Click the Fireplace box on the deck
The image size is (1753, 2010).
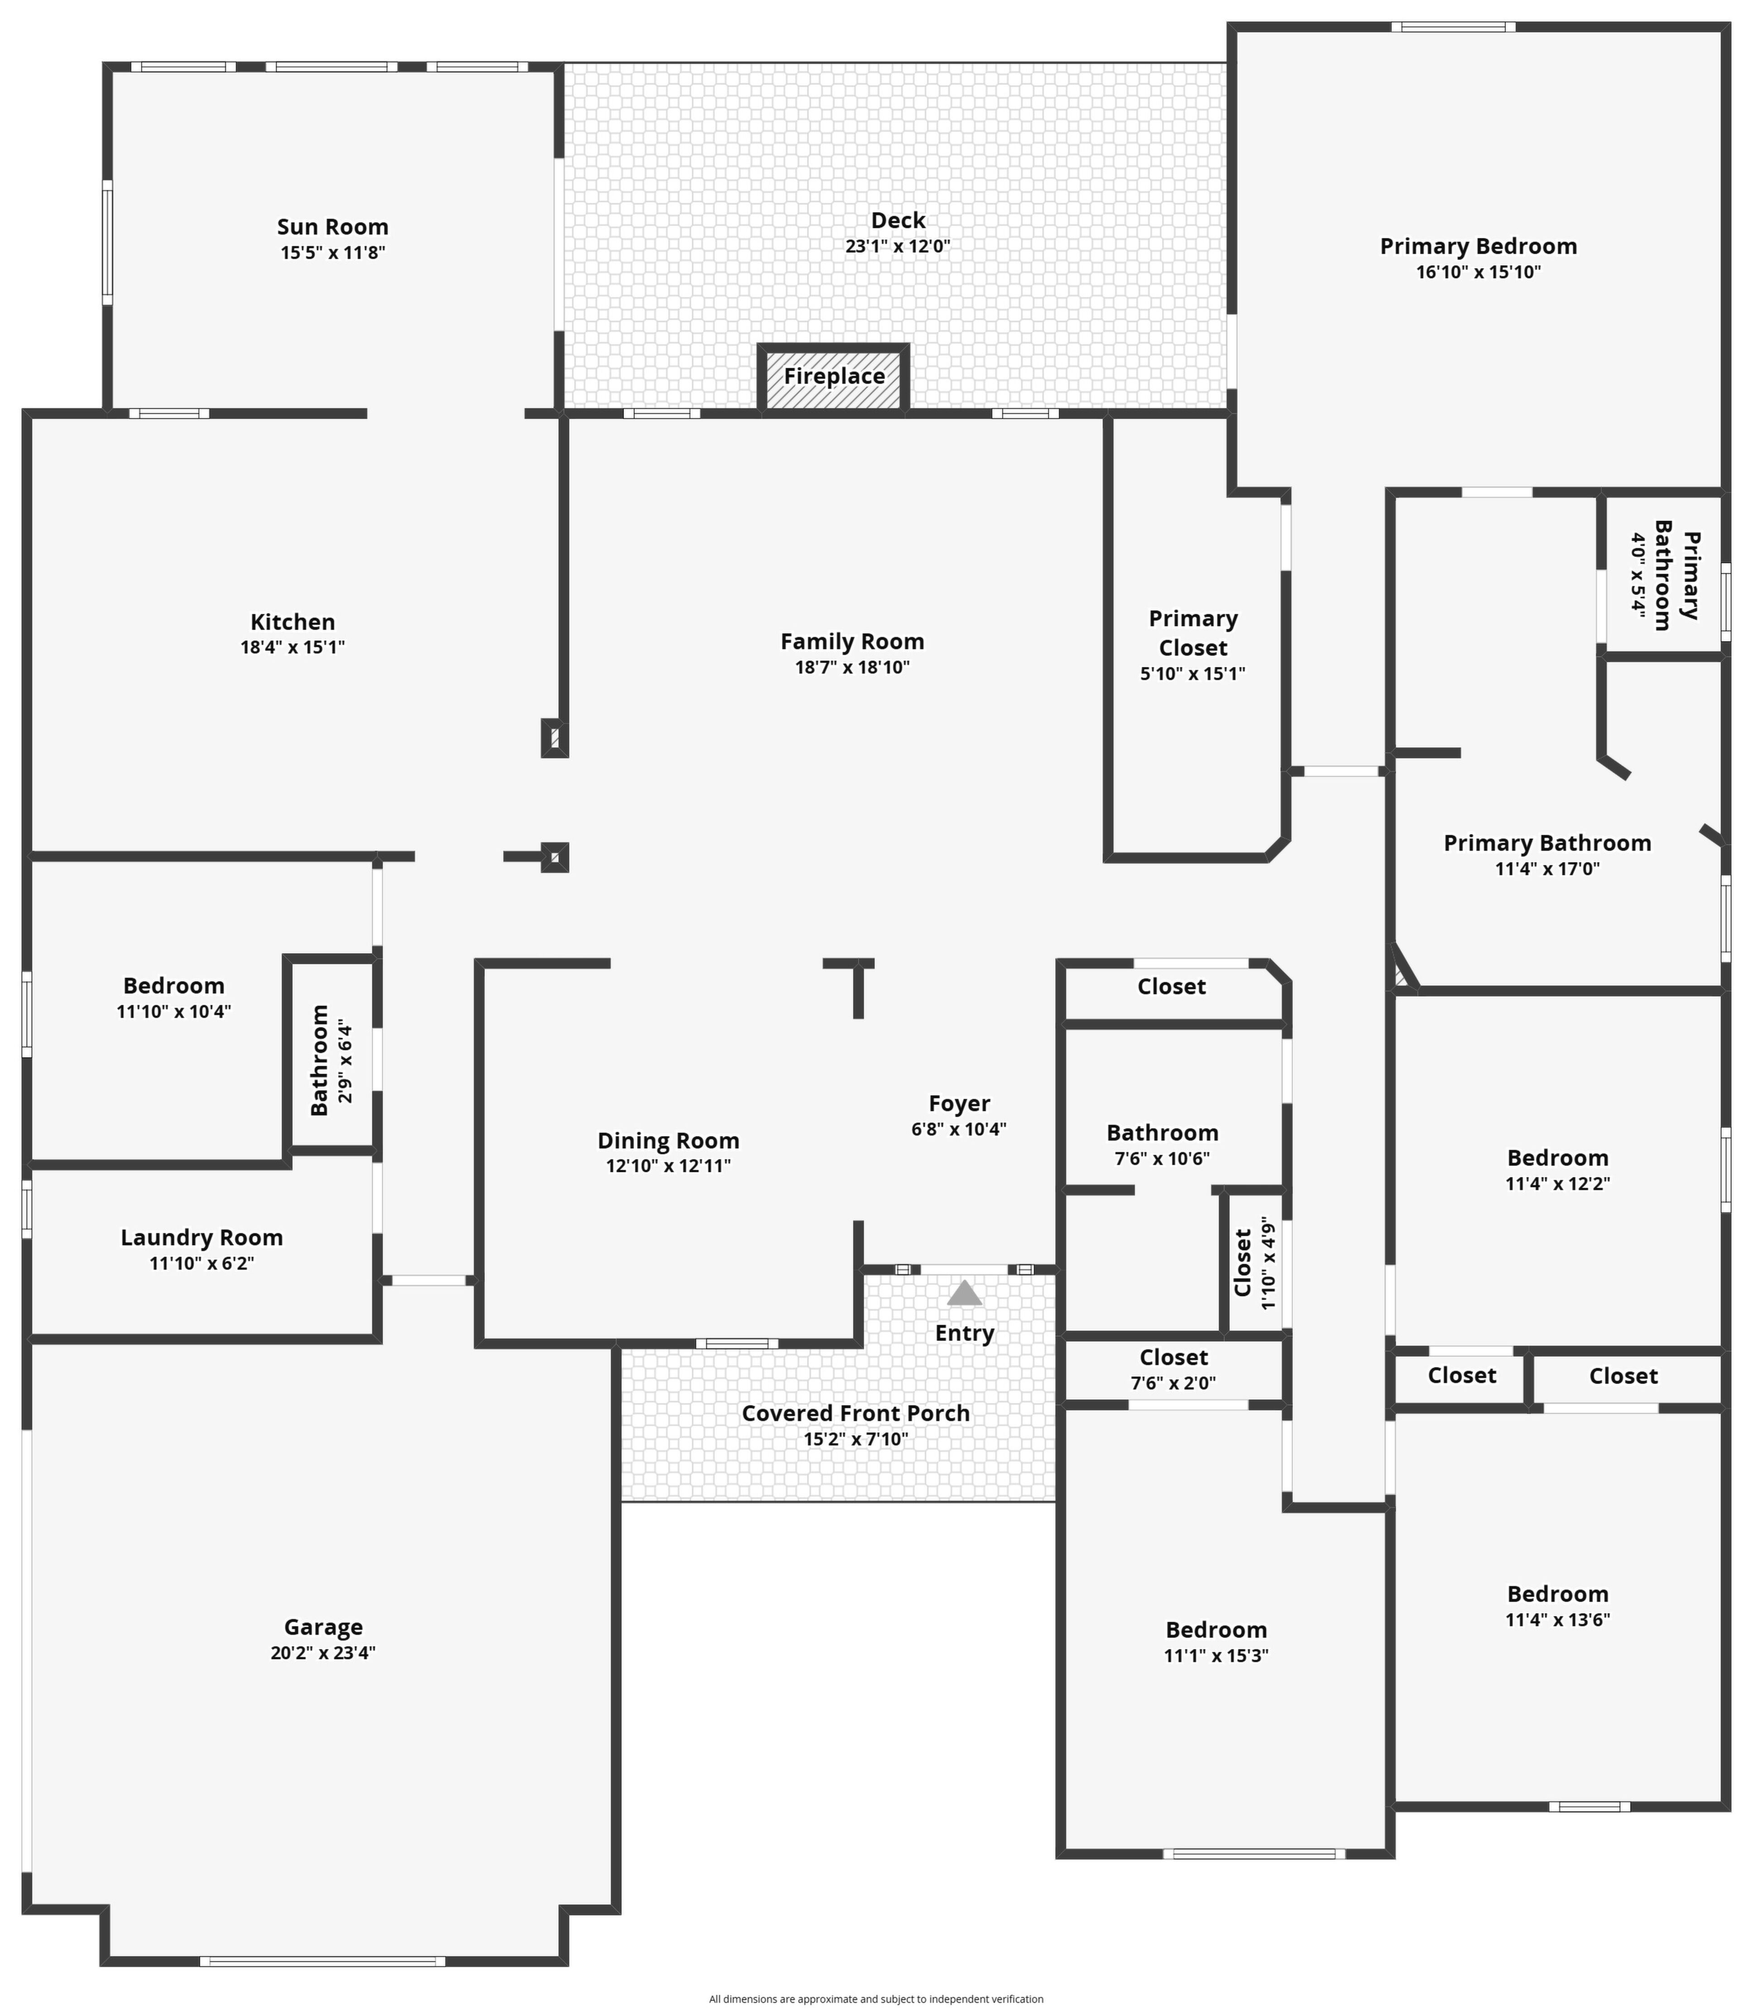[x=833, y=378]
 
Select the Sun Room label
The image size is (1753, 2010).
[x=332, y=227]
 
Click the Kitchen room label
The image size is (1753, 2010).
[x=293, y=622]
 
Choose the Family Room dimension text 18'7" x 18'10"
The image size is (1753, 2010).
[x=852, y=667]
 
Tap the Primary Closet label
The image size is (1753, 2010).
[x=1193, y=633]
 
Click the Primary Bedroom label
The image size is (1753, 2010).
[x=1478, y=246]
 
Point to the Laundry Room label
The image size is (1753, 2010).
[x=202, y=1238]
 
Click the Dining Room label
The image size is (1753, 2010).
[x=668, y=1141]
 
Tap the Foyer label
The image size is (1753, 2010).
[x=959, y=1104]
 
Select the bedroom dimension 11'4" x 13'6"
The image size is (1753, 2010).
[x=1557, y=1620]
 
